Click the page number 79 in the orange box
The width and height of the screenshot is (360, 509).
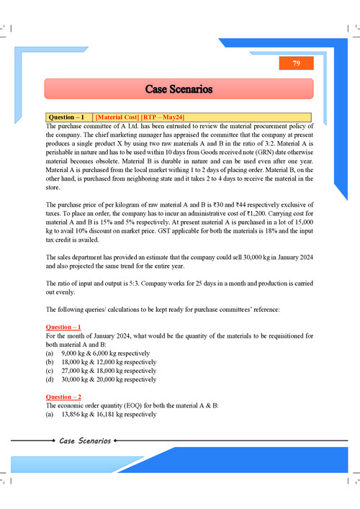coord(296,64)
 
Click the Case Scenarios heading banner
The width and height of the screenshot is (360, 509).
coord(179,89)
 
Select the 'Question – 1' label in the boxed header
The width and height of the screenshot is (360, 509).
coord(68,117)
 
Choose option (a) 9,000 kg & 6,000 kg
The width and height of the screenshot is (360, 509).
coord(105,353)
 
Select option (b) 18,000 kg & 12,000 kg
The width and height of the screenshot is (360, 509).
coord(107,362)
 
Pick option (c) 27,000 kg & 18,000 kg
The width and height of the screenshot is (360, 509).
coord(107,371)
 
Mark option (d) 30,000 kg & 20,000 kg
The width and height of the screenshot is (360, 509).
coord(107,379)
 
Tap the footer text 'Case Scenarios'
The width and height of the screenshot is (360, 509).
coord(85,441)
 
